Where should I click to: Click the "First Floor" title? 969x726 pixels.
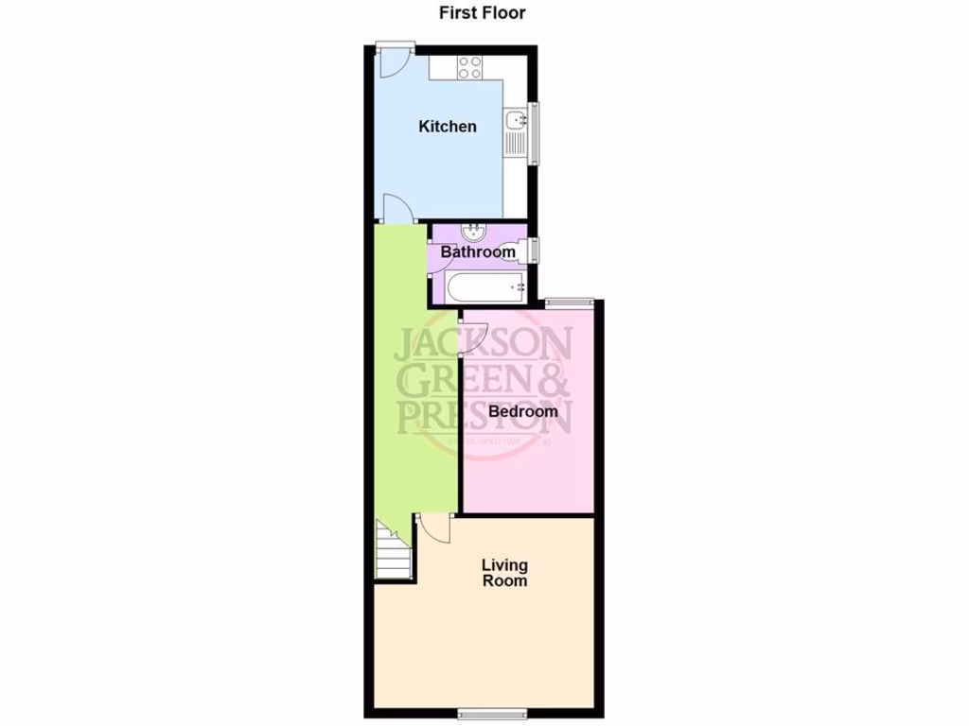(x=483, y=13)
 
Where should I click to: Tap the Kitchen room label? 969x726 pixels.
(x=448, y=127)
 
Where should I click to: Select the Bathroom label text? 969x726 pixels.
(x=469, y=252)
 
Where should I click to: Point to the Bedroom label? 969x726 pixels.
(x=523, y=411)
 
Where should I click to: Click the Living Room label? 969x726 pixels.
(x=504, y=573)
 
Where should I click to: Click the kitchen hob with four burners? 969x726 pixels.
(x=470, y=67)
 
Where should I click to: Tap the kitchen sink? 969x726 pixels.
(x=516, y=120)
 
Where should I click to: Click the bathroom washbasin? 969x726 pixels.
(x=473, y=231)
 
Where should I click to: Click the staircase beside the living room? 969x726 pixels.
(x=394, y=552)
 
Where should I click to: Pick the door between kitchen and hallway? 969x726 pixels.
(x=397, y=209)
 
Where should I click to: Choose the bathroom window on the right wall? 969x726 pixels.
(x=535, y=251)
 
